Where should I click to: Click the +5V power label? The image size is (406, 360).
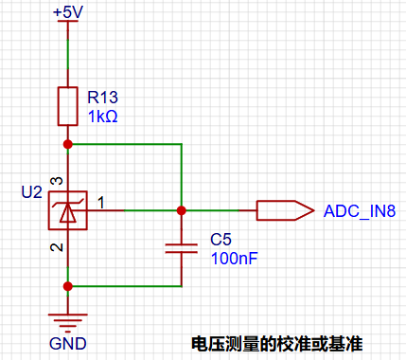68,12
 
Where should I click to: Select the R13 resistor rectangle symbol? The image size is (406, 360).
68,106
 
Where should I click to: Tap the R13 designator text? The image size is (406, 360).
102,97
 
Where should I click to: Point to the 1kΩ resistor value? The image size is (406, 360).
103,117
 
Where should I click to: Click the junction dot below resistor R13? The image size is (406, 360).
68,144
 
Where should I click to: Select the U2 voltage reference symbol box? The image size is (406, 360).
68,210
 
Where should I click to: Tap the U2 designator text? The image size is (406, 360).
31,192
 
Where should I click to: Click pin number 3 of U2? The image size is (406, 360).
57,181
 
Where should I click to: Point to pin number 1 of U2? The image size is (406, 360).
101,203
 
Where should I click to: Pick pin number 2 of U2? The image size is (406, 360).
57,247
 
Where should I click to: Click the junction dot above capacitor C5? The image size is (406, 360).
182,210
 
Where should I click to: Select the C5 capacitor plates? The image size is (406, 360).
182,248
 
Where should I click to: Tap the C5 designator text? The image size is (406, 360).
221,240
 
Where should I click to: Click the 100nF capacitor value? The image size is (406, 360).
235,259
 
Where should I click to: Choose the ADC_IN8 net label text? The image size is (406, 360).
360,211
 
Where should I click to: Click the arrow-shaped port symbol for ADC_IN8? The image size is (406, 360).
286,210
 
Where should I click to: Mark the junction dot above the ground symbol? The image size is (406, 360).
68,286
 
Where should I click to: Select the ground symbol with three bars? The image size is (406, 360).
68,323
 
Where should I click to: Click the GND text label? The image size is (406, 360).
68,344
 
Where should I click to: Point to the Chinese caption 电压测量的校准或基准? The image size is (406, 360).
277,344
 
